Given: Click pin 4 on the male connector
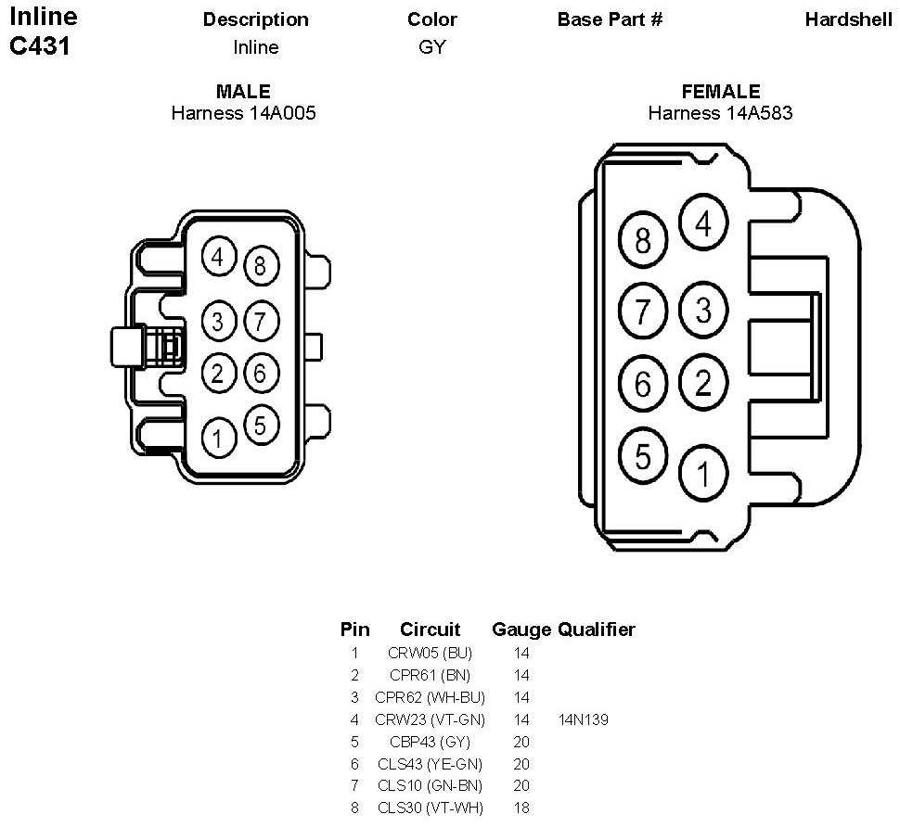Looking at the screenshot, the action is pyautogui.click(x=219, y=258).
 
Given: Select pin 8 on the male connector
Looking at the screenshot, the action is pyautogui.click(x=261, y=266).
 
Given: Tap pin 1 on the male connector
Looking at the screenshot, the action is pyautogui.click(x=219, y=439).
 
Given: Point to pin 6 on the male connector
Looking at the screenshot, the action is pyautogui.click(x=261, y=374).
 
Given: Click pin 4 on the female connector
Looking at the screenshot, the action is pyautogui.click(x=703, y=223).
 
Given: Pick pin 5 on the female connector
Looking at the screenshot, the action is pyautogui.click(x=643, y=456).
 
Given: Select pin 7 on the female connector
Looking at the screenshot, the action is pyautogui.click(x=643, y=311).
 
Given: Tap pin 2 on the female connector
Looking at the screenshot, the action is pyautogui.click(x=703, y=383).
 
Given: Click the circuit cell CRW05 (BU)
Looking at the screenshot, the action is pyautogui.click(x=430, y=653).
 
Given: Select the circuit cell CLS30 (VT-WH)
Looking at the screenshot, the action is pyautogui.click(x=430, y=808).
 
